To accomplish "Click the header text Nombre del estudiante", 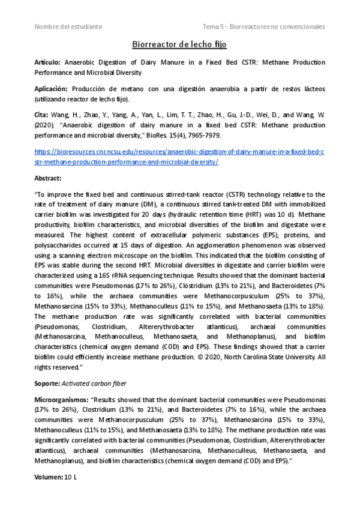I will [68, 27].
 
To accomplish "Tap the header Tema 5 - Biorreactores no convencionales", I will [263, 27].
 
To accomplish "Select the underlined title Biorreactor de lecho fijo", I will [179, 44].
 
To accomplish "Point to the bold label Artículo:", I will [47, 62].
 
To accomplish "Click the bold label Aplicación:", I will [52, 88].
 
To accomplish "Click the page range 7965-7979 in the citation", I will [204, 136].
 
